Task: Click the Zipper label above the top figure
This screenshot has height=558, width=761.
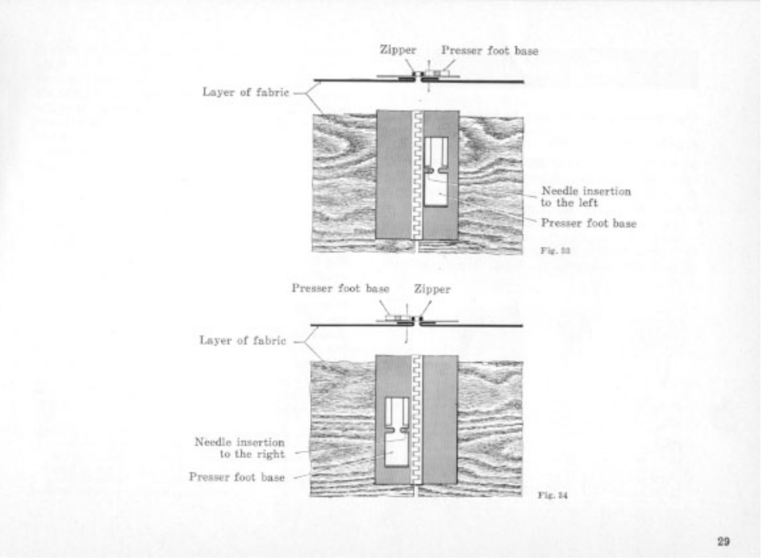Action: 398,50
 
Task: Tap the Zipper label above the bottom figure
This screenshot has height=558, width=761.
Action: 432,289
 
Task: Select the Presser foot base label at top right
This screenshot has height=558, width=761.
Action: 490,50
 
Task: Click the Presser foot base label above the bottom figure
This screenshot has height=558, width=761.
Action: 340,289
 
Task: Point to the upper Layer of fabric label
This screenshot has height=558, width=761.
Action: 245,92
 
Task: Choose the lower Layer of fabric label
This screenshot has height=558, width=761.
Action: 242,340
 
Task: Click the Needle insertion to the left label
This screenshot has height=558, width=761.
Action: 586,197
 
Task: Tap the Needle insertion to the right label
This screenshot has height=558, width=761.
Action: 240,448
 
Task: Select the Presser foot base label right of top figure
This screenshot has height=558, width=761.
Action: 588,223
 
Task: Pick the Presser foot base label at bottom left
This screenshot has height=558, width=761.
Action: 237,477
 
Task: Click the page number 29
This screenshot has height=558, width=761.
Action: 723,541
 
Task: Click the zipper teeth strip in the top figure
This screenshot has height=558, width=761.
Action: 418,175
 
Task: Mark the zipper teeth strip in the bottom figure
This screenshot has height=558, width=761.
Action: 417,420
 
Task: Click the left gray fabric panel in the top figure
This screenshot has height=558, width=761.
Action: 394,175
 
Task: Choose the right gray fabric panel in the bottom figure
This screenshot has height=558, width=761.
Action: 441,420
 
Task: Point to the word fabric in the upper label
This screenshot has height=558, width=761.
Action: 272,92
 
